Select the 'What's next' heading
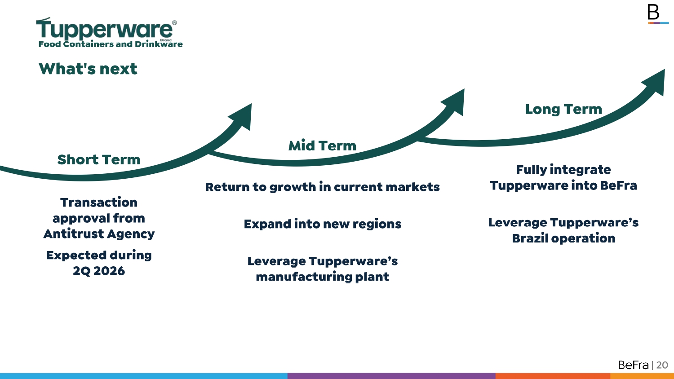88,69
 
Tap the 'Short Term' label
99,159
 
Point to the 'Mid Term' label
322,145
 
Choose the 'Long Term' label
563,109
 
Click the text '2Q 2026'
99,271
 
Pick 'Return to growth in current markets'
322,187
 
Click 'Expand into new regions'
322,224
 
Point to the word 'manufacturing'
304,277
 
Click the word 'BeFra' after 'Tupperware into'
619,185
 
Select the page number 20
662,365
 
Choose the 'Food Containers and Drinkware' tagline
111,44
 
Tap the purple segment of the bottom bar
391,376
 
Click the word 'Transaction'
99,203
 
